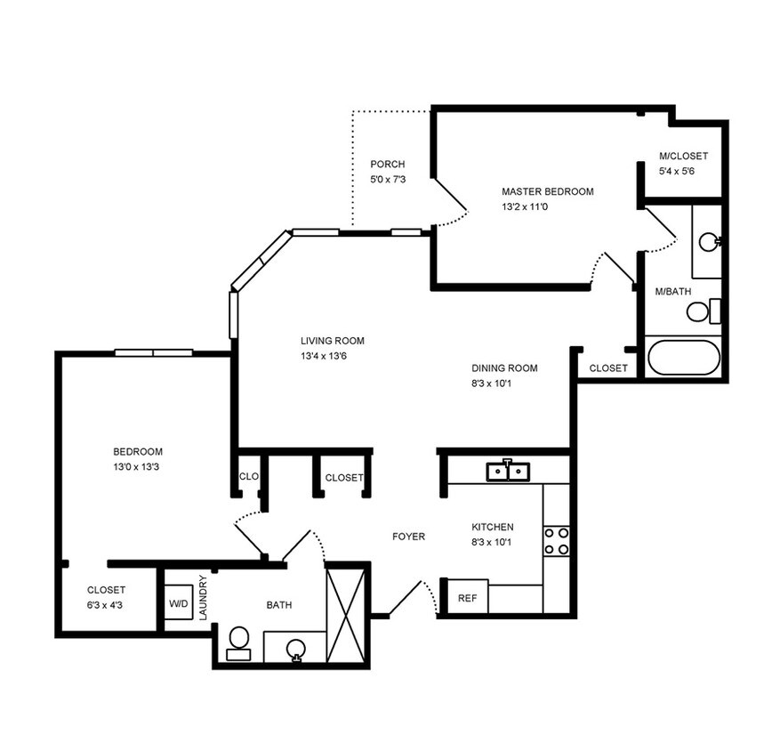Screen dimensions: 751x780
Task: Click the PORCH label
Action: click(x=388, y=165)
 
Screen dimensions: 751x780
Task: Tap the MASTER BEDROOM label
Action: click(x=547, y=191)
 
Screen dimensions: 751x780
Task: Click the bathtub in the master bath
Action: click(x=683, y=358)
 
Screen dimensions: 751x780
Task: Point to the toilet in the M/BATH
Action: click(x=700, y=311)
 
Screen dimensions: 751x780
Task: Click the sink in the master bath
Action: click(x=709, y=241)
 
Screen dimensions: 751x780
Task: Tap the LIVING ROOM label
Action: click(x=332, y=341)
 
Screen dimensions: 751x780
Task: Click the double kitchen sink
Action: click(x=508, y=471)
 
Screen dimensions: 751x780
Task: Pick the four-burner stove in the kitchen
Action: click(x=556, y=541)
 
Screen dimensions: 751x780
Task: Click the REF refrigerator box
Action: click(x=467, y=598)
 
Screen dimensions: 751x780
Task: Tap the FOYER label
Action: click(x=408, y=537)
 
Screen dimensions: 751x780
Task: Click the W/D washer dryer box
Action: click(x=179, y=604)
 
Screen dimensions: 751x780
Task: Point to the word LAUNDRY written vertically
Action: click(x=204, y=598)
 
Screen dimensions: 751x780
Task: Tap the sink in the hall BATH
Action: click(x=296, y=650)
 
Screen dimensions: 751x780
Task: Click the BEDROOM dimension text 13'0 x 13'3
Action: click(x=138, y=466)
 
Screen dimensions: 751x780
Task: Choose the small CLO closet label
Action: click(x=248, y=477)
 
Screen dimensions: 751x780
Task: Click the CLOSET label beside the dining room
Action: click(x=608, y=367)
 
